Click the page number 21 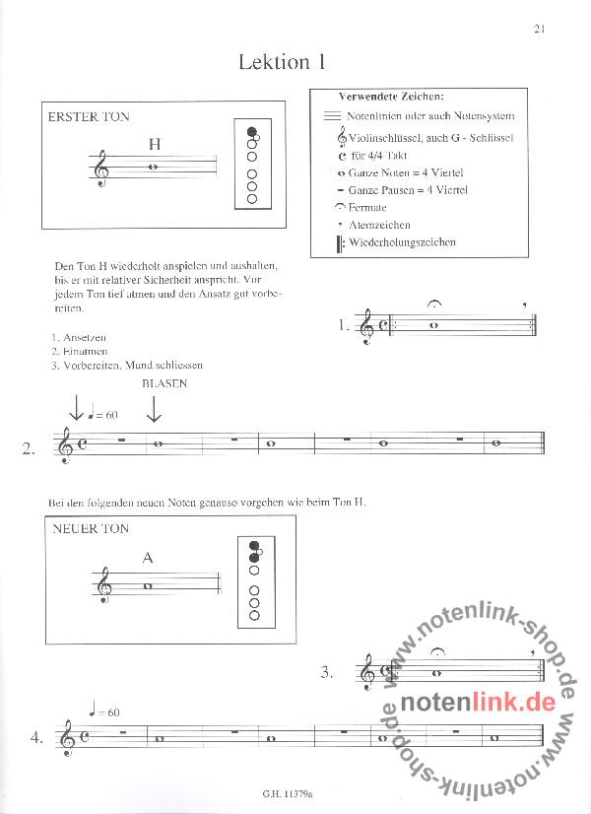[539, 28]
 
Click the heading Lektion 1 [282, 62]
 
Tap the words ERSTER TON [89, 117]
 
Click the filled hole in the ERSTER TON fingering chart [252, 131]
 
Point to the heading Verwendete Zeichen [391, 97]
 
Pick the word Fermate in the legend [367, 208]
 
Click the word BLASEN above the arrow [164, 383]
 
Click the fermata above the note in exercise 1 [434, 304]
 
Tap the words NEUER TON [89, 529]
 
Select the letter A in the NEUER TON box [148, 558]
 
